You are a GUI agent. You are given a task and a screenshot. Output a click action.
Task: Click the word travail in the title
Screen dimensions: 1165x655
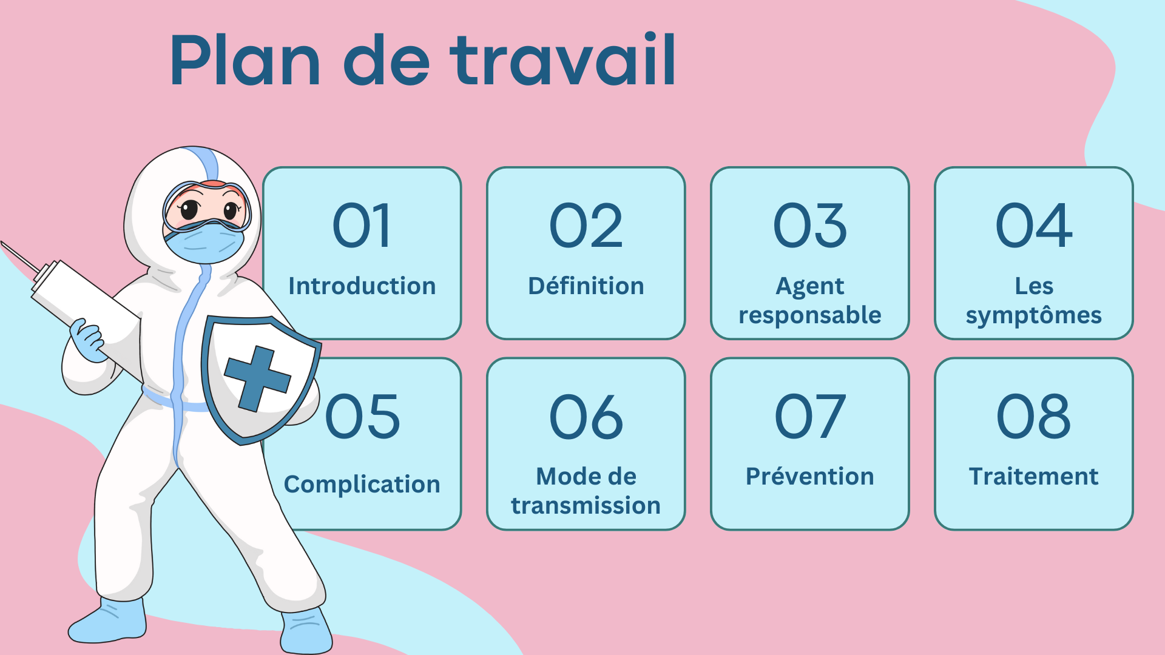(562, 59)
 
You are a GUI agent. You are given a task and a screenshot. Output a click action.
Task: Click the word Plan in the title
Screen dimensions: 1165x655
(245, 59)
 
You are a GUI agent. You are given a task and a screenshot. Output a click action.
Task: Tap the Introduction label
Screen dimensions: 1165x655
(362, 286)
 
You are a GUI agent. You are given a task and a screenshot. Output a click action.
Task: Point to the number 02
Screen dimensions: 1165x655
(586, 226)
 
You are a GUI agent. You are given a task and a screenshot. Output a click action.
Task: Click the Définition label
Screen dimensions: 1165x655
(586, 286)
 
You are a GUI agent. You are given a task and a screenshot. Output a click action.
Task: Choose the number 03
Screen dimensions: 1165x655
(810, 226)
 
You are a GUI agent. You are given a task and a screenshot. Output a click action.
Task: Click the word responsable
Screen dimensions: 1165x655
(810, 315)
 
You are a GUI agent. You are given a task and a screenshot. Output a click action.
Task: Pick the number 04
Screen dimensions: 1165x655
(1034, 226)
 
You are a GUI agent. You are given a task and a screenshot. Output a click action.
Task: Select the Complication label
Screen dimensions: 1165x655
(362, 485)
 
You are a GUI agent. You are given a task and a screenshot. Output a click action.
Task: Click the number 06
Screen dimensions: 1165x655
(586, 417)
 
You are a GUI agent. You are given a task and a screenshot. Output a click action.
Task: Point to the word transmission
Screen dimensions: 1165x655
(586, 505)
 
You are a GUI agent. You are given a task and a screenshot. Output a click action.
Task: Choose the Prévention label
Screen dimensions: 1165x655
(810, 476)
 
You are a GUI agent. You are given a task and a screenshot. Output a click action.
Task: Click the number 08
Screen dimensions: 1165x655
(1034, 417)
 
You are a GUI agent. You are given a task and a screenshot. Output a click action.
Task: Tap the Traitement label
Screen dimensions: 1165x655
(1034, 476)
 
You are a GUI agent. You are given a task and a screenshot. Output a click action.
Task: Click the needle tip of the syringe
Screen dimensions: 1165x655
(2, 243)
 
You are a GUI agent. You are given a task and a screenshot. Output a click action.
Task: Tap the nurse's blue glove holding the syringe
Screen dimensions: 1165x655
(89, 340)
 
